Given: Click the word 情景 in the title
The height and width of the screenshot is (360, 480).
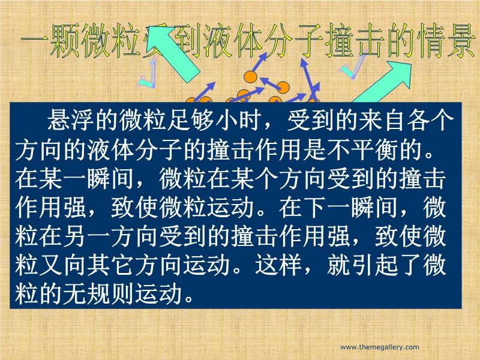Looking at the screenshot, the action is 445,41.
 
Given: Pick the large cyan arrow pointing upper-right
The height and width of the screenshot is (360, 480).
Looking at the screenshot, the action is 383,81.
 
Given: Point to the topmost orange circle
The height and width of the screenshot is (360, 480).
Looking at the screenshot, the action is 250,76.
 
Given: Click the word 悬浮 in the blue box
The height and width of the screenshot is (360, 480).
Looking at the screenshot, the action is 70,120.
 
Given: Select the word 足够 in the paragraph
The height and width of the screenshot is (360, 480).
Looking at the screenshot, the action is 190,120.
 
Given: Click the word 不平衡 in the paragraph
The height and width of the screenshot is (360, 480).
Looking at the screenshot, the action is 363,150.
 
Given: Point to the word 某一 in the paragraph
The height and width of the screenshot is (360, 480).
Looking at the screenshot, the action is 62,179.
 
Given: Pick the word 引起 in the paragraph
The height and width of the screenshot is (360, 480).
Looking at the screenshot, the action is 376,265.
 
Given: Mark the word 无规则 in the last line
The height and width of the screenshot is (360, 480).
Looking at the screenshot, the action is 98,294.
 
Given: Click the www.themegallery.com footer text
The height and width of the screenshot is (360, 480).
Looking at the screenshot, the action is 380,347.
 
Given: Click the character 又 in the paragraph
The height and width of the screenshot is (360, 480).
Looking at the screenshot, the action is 51,265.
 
